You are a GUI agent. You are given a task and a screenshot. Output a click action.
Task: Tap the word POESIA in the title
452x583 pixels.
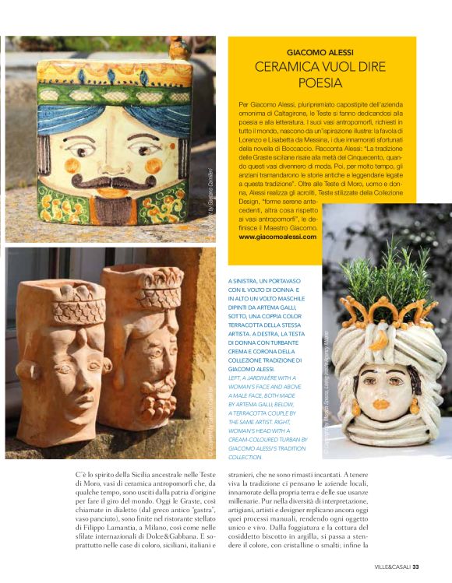point(321,81)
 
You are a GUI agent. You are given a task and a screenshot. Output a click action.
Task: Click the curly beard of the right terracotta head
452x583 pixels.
point(155,381)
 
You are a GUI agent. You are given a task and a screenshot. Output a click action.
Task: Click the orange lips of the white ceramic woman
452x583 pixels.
point(380,406)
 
